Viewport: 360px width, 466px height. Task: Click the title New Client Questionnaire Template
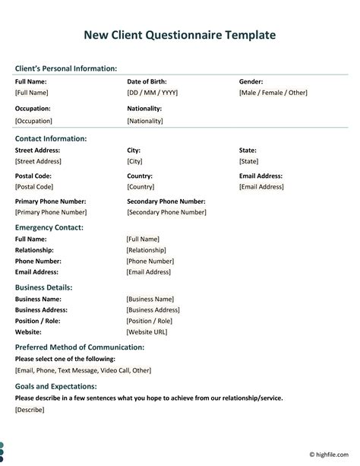click(180, 35)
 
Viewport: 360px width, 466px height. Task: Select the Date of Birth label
click(147, 81)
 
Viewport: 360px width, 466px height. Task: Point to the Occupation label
click(33, 109)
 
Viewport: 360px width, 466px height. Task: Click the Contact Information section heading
click(51, 138)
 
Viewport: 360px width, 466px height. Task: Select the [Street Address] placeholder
click(37, 162)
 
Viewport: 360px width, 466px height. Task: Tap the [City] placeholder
click(134, 162)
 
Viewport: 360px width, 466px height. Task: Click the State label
click(248, 151)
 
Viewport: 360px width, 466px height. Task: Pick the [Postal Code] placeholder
click(33, 187)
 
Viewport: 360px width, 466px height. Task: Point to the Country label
click(140, 176)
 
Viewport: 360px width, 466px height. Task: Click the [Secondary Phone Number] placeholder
click(166, 213)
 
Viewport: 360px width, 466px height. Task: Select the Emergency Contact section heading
click(49, 227)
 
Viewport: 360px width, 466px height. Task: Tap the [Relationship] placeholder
click(146, 250)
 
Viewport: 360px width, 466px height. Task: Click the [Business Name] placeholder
click(150, 300)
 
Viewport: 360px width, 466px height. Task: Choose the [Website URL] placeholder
click(147, 332)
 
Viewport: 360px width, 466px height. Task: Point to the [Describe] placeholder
click(30, 410)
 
